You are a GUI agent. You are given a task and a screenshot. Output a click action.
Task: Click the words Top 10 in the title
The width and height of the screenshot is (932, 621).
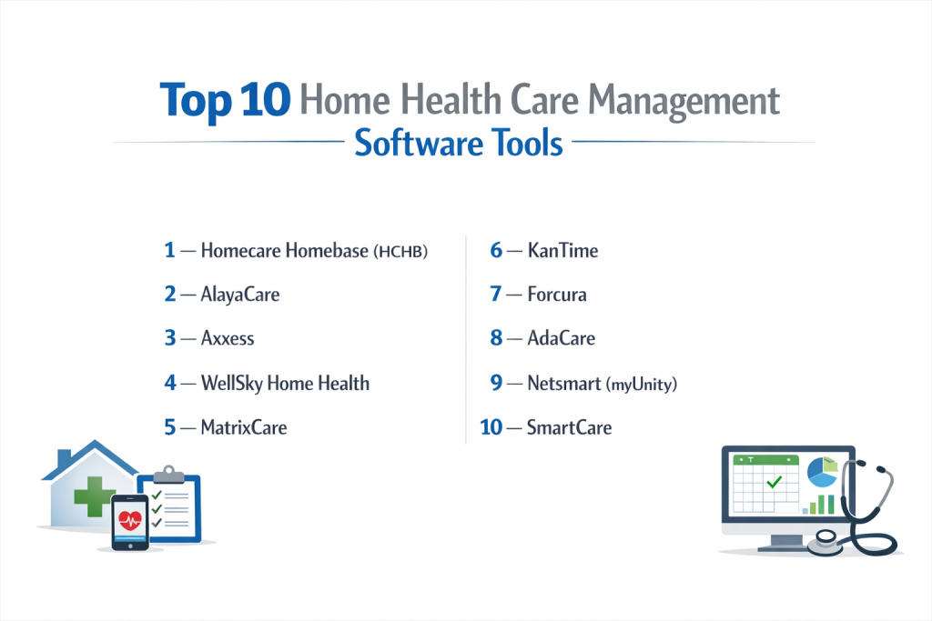point(226,100)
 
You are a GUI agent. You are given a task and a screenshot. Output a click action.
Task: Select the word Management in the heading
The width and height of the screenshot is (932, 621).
point(684,101)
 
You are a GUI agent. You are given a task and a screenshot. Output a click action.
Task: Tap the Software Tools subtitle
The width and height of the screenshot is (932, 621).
point(459,143)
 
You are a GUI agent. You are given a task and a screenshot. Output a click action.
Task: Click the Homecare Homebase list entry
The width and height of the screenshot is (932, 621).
point(285,251)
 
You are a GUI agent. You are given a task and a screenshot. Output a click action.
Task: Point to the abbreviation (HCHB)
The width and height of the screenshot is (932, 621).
point(400,252)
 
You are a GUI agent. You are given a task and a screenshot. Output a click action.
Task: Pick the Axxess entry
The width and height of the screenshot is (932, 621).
point(228,338)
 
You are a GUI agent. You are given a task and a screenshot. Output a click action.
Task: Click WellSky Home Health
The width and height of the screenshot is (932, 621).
point(285,384)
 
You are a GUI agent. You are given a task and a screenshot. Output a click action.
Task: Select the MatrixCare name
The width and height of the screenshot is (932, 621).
point(244,427)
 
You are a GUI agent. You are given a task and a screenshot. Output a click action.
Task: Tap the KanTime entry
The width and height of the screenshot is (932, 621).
point(562,251)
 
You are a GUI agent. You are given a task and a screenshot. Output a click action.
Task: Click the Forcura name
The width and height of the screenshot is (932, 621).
point(557,295)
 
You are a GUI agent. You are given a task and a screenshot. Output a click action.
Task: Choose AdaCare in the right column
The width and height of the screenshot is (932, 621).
point(561,338)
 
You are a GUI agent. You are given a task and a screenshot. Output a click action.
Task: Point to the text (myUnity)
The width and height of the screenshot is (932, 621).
point(642,385)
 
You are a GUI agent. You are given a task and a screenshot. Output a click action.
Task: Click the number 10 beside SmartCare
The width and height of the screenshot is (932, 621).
point(491,427)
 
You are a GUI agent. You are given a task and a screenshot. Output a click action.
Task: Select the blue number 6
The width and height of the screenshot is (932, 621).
point(496,251)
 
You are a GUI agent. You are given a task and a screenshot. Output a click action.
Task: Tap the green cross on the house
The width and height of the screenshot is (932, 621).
point(94,496)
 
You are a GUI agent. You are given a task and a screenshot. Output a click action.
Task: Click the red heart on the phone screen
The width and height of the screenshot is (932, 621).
point(130,520)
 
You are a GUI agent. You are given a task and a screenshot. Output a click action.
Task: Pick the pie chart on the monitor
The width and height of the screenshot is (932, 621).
point(822,472)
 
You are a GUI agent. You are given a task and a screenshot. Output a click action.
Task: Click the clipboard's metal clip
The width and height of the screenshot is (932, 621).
point(168,475)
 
